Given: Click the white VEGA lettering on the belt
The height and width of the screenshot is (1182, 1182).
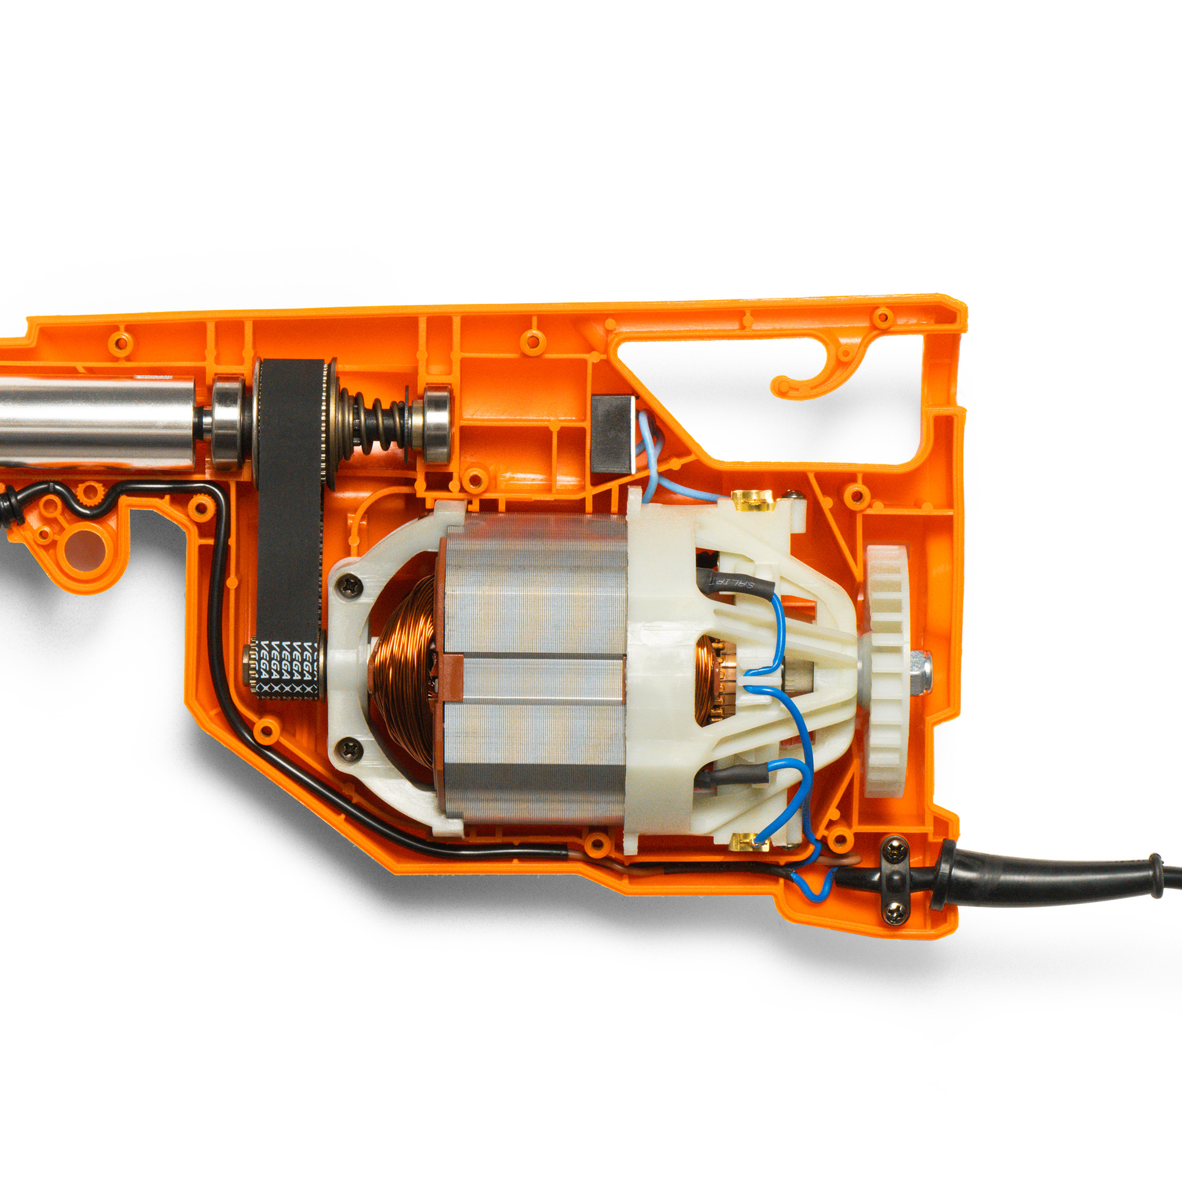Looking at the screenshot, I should (288, 667).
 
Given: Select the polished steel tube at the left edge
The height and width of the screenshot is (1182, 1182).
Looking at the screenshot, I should (92, 422).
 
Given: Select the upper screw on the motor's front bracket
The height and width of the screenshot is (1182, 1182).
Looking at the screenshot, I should (350, 586).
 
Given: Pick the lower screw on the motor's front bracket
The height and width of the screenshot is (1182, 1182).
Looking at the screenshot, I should (350, 749).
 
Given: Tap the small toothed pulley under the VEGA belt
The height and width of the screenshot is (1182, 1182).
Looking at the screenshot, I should (251, 668).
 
